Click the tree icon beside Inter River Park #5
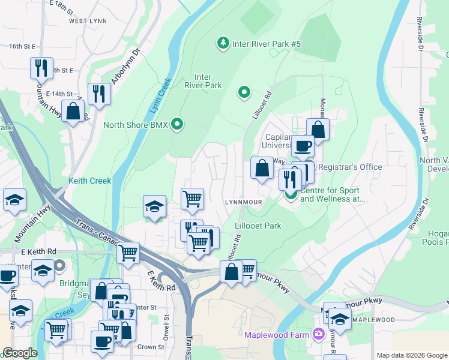[x=223, y=43]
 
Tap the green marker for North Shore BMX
[x=177, y=125]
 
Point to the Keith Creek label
[x=90, y=181]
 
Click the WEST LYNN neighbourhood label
[x=88, y=20]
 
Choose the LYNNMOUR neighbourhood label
[x=243, y=202]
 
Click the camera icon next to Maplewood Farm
[x=318, y=334]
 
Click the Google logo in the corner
[x=19, y=353]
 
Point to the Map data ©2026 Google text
[x=411, y=355]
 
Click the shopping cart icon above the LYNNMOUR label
[x=192, y=198]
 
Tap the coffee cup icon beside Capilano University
[x=303, y=145]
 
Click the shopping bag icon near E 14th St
[x=73, y=111]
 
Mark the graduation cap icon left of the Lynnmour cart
[x=154, y=206]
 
